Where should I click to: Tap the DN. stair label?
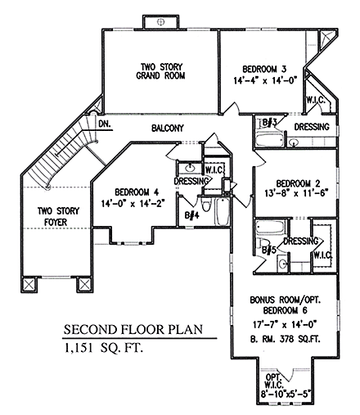point(105,124)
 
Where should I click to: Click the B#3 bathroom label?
point(268,123)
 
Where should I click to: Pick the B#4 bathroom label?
point(191,215)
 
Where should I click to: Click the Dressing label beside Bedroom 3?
point(311,128)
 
